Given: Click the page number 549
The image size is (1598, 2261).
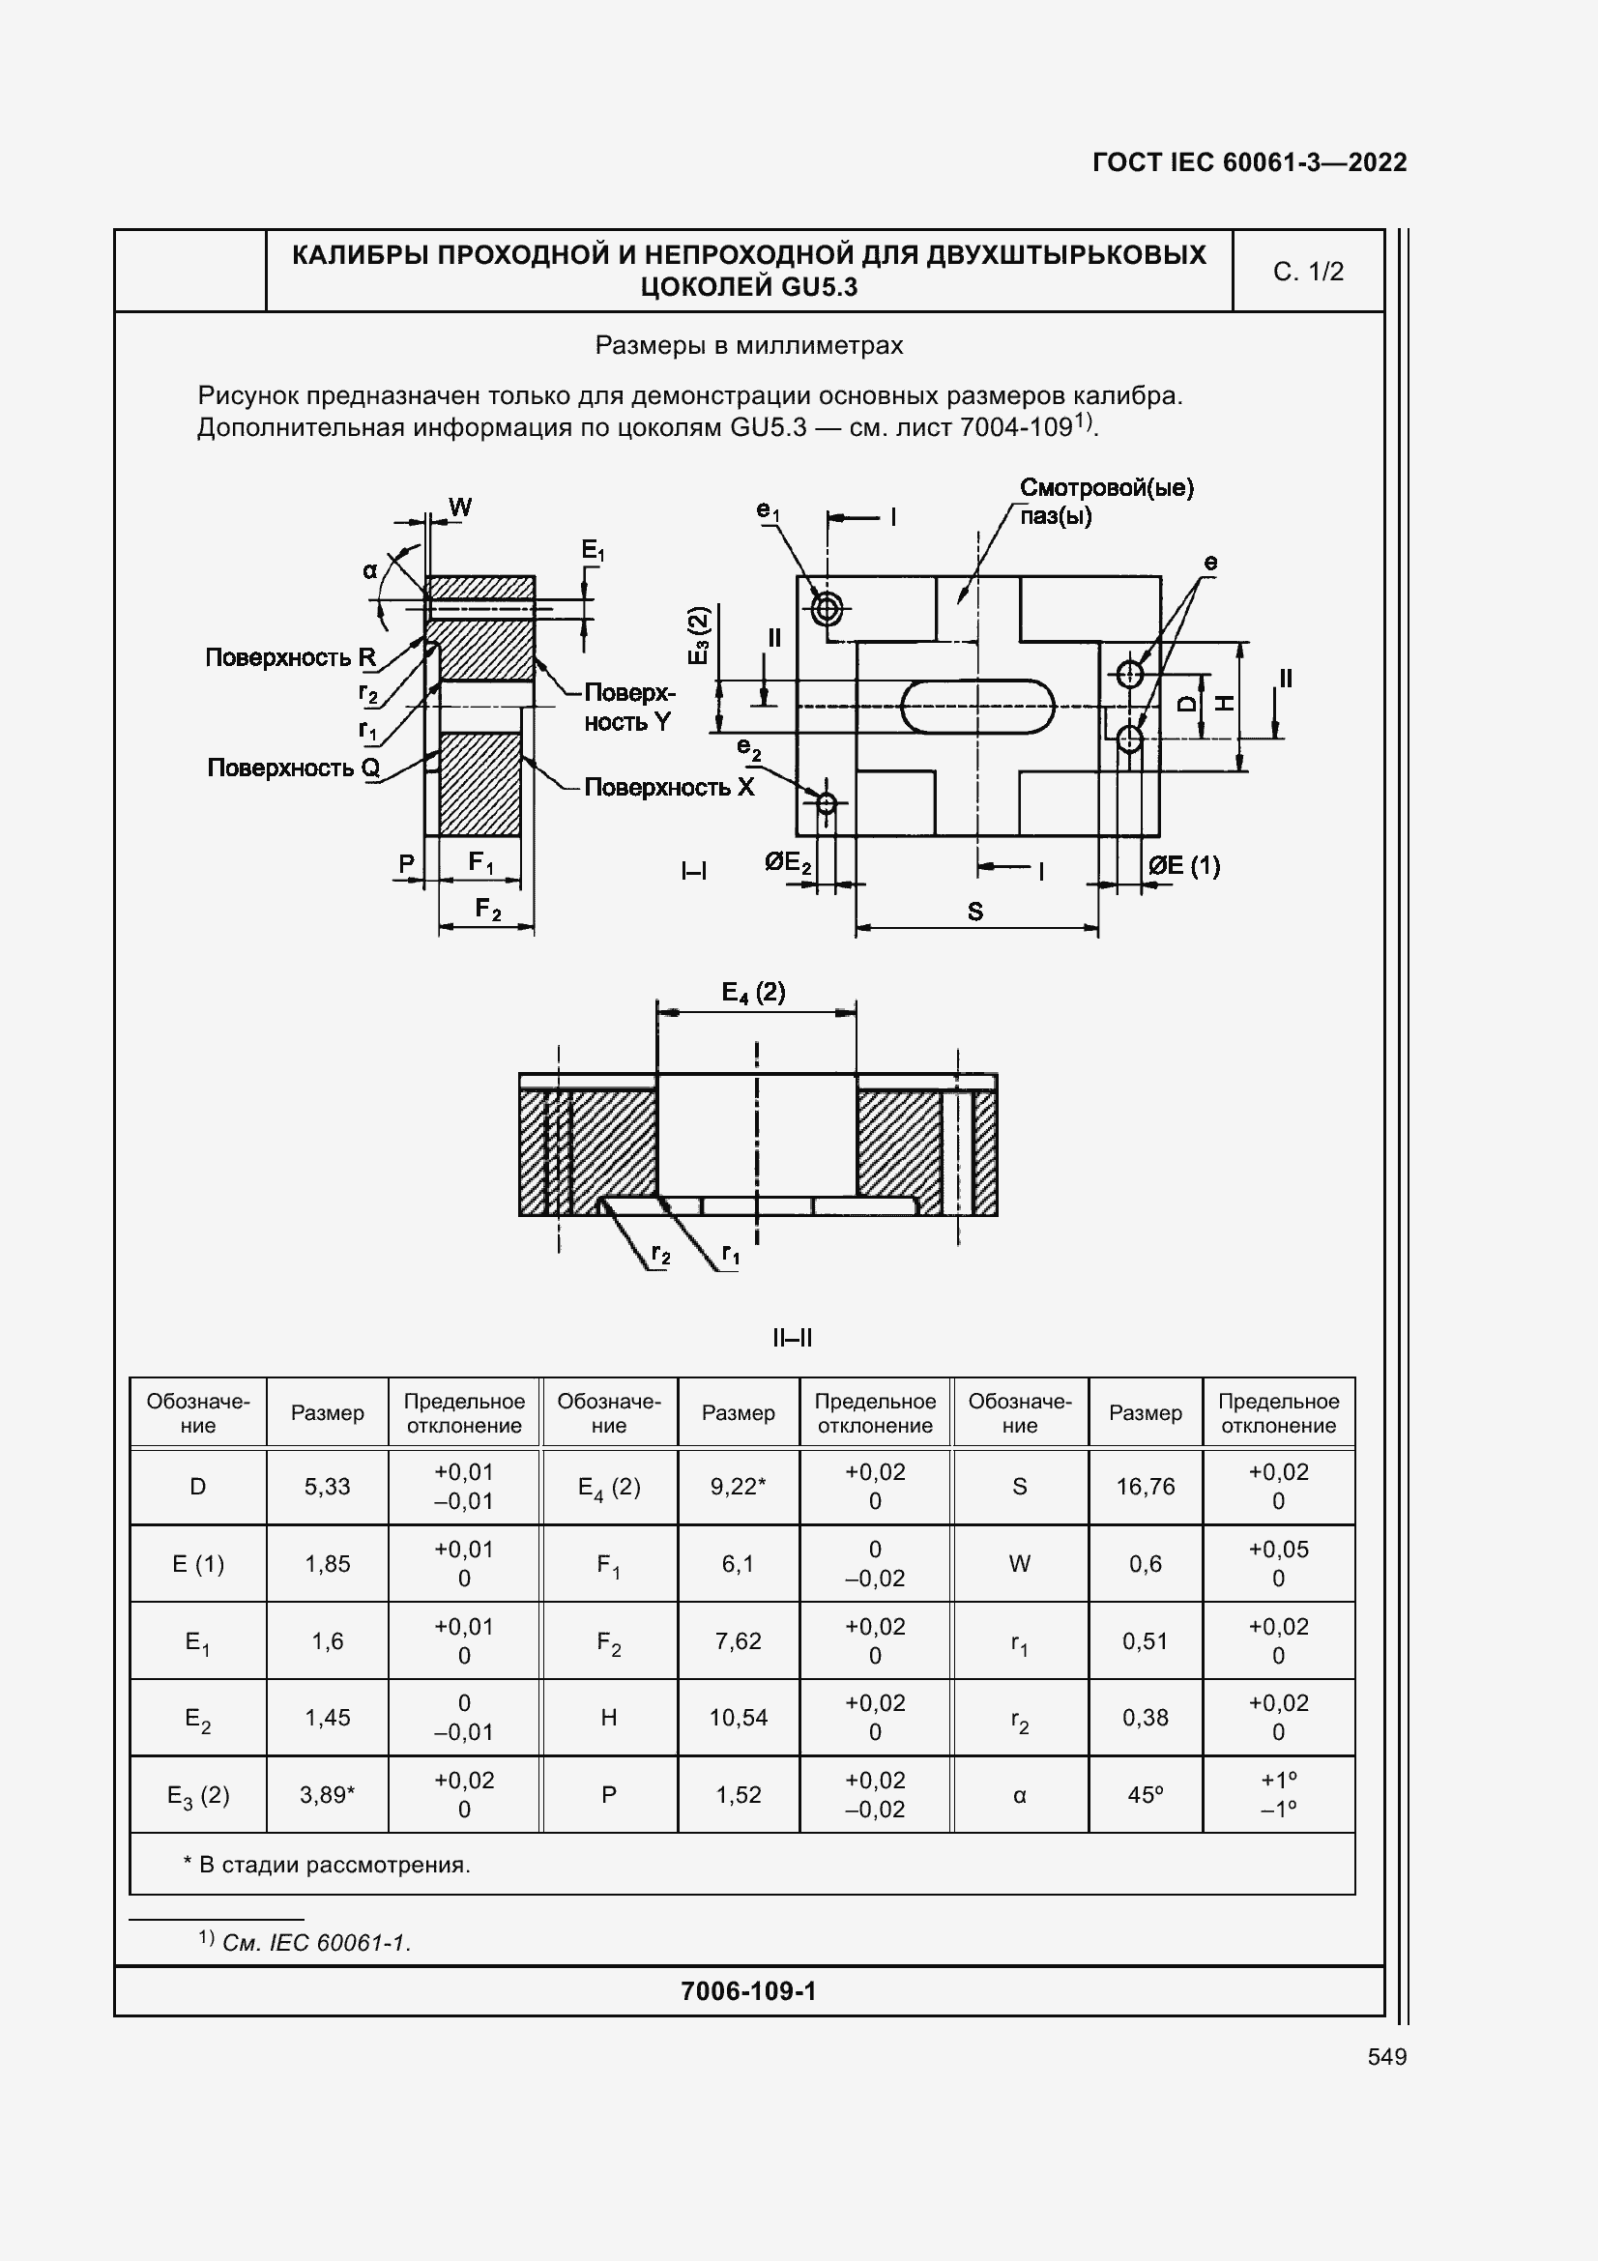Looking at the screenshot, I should (x=1386, y=2056).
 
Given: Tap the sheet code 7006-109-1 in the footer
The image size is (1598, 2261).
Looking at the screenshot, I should (x=748, y=1991).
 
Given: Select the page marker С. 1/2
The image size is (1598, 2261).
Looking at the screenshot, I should (x=1308, y=272).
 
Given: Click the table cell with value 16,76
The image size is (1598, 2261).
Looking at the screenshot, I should (x=1145, y=1486).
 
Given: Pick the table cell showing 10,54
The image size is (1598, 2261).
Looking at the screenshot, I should (x=739, y=1718).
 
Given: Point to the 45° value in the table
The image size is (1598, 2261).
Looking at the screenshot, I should (x=1145, y=1794).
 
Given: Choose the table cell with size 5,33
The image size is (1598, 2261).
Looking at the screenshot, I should (x=327, y=1486).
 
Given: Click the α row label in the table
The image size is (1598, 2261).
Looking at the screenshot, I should (x=1019, y=1795).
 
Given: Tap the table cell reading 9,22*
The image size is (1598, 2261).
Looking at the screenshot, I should (x=739, y=1486).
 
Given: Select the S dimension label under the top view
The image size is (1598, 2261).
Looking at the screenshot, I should (x=974, y=911).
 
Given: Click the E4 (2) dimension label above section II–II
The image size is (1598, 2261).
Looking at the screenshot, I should (x=753, y=992).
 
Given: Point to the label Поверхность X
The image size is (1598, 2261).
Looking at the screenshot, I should (x=669, y=787).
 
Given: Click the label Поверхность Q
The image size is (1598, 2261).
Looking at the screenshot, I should (x=294, y=768).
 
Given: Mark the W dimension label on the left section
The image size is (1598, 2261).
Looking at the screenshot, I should (x=460, y=507).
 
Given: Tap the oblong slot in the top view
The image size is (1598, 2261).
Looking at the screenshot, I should (x=976, y=705).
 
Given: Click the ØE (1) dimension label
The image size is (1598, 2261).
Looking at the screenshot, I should (x=1183, y=865).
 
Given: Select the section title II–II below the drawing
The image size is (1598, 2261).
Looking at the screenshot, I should (x=792, y=1337).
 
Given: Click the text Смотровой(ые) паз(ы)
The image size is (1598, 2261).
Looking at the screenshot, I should (x=1106, y=502).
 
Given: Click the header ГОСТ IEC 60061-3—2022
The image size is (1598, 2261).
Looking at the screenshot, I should (x=1248, y=162).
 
